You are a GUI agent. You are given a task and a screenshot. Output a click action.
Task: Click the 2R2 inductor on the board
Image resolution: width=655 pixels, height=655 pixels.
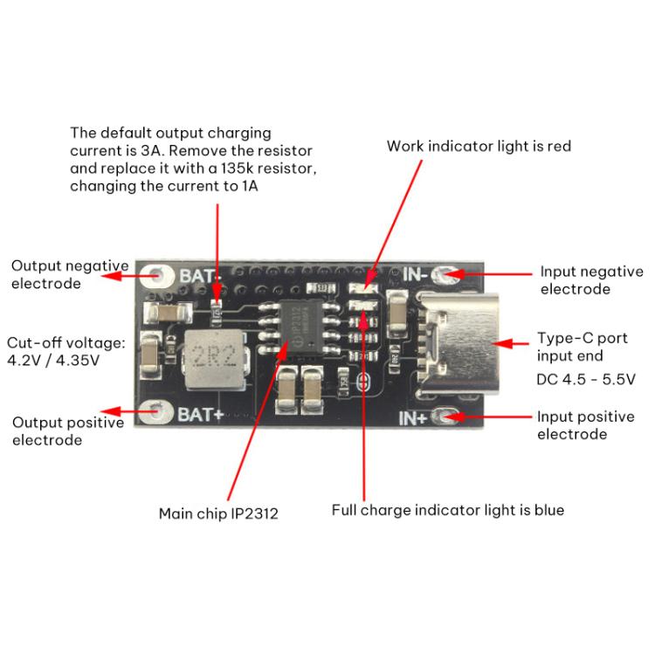pos(212,357)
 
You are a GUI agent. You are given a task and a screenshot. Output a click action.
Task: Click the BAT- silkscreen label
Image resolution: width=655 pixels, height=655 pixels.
pos(201,276)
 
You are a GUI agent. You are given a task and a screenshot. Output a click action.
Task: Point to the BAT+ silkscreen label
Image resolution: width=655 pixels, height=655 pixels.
pos(203,413)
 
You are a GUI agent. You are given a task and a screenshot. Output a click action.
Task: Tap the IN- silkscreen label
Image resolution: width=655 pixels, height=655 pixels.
pos(414,274)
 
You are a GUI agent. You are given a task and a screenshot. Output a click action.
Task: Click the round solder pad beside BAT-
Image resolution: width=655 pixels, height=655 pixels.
pos(159,276)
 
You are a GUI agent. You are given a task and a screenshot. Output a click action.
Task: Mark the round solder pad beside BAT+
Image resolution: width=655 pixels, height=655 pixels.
pos(158,410)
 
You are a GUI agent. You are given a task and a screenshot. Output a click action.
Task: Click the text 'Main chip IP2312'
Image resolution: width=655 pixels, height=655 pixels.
pos(218,514)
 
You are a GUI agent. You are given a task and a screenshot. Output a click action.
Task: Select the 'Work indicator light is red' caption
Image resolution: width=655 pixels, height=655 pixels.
pos(479,146)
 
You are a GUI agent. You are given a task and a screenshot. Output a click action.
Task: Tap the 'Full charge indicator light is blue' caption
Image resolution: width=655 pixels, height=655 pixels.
pos(447,509)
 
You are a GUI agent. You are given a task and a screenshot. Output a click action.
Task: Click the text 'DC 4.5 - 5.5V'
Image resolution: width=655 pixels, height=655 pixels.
pos(585,379)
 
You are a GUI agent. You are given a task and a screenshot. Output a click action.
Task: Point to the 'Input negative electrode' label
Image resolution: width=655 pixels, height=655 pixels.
pos(591,280)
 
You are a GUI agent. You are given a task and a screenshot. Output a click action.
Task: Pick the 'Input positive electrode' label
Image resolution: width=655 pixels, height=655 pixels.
pos(585,425)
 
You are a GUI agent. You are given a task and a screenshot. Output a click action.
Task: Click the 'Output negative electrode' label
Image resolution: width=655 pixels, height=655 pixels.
pos(69,274)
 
